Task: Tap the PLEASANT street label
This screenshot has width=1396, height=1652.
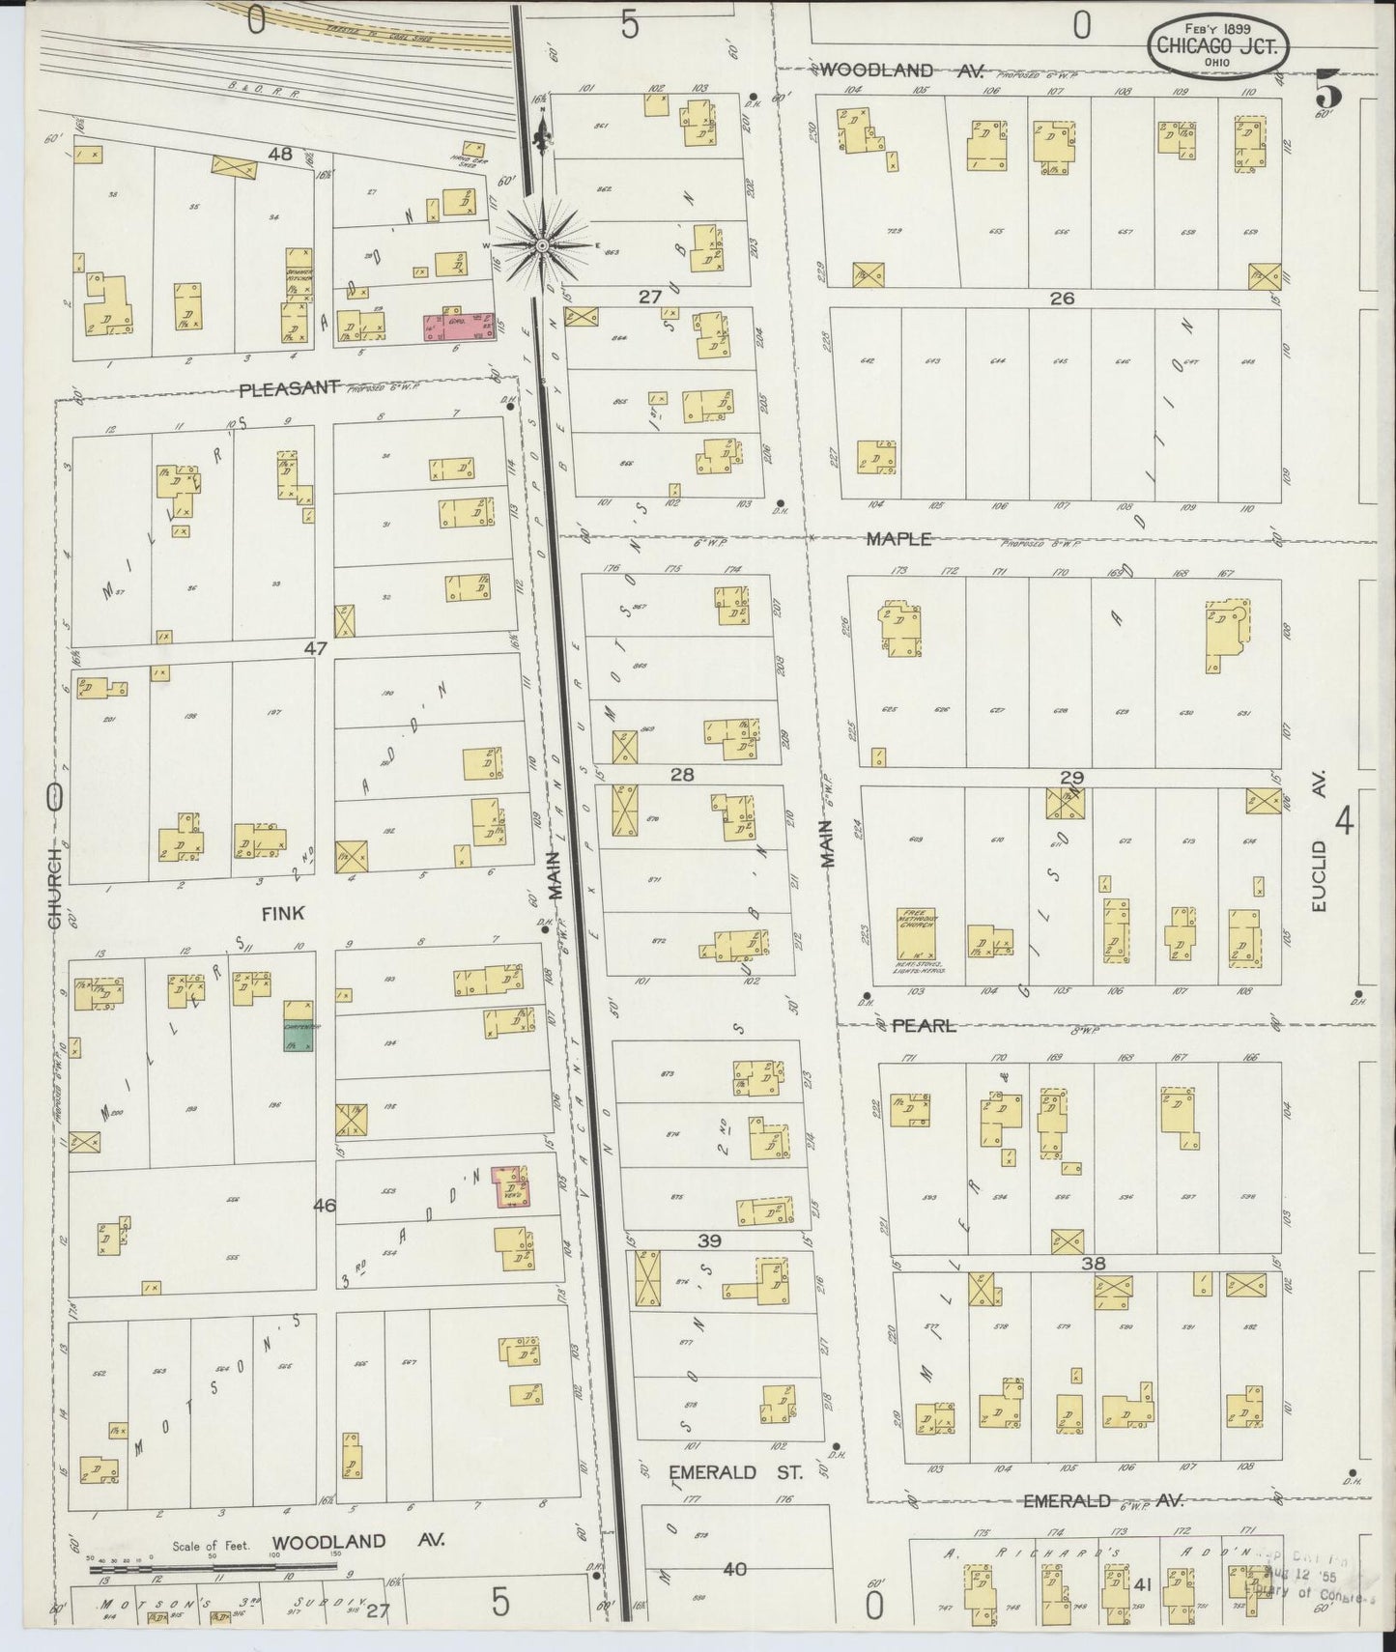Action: point(289,387)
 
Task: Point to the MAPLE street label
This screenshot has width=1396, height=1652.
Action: point(897,539)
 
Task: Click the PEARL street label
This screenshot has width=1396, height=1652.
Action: point(923,1025)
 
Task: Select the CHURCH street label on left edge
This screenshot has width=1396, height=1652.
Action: point(55,889)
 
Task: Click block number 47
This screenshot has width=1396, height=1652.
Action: point(316,649)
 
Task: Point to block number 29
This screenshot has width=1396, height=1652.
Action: point(1071,778)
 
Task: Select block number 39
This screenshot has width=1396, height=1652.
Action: point(711,1240)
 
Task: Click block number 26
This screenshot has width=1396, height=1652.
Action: point(1062,299)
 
